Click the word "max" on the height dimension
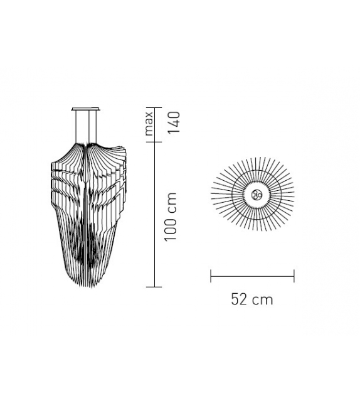(149, 124)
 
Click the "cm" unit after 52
(263, 299)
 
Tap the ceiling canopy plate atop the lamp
(86, 109)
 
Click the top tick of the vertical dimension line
(154, 106)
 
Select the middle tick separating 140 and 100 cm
(154, 142)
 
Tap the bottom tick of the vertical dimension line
(154, 286)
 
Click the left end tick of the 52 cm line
(211, 275)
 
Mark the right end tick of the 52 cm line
(294, 275)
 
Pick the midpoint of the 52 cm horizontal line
(252, 275)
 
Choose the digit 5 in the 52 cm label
(235, 299)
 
